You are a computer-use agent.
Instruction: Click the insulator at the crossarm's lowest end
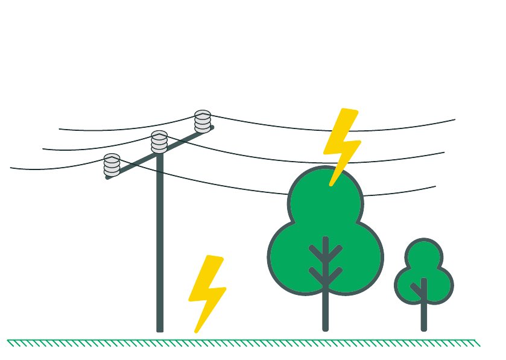tap(112, 165)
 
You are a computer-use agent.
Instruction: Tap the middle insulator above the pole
tap(159, 141)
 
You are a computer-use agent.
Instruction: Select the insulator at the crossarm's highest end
tap(203, 121)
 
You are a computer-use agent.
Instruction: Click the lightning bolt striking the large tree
tap(341, 145)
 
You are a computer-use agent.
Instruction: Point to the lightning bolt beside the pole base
tap(207, 292)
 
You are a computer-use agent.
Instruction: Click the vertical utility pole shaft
tap(160, 241)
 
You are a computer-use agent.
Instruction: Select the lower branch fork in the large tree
tap(326, 274)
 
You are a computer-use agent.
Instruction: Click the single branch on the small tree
tap(417, 289)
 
